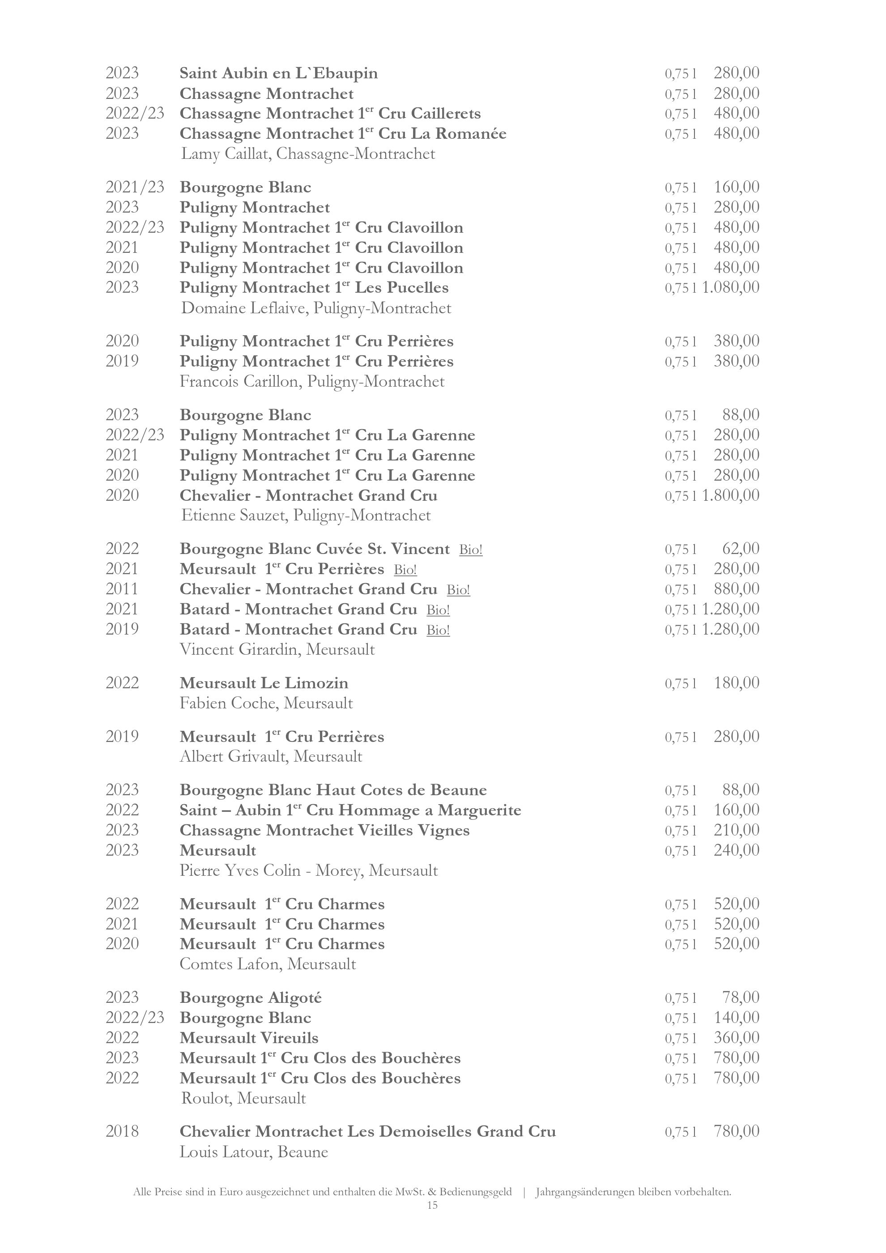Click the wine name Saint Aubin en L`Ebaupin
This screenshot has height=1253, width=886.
[278, 73]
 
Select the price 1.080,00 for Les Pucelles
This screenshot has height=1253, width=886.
[730, 288]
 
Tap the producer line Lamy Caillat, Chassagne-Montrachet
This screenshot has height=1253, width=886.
[308, 154]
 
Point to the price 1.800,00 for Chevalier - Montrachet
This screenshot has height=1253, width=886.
[730, 495]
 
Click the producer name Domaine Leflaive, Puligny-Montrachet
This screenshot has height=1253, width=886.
[316, 308]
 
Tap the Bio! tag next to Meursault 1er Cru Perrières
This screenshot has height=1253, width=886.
[405, 570]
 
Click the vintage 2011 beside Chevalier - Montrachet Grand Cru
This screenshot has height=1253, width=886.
[122, 589]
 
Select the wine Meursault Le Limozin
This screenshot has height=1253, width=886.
[264, 683]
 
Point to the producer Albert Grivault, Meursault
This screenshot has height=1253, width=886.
[271, 756]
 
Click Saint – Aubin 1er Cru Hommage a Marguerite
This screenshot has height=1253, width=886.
[350, 810]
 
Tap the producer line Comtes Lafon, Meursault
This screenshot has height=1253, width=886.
[267, 964]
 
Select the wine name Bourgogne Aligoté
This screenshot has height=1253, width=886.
[251, 998]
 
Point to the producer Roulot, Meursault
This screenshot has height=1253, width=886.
[243, 1098]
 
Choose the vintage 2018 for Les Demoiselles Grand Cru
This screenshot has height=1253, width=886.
[122, 1132]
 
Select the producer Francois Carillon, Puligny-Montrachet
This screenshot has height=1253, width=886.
[312, 381]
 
